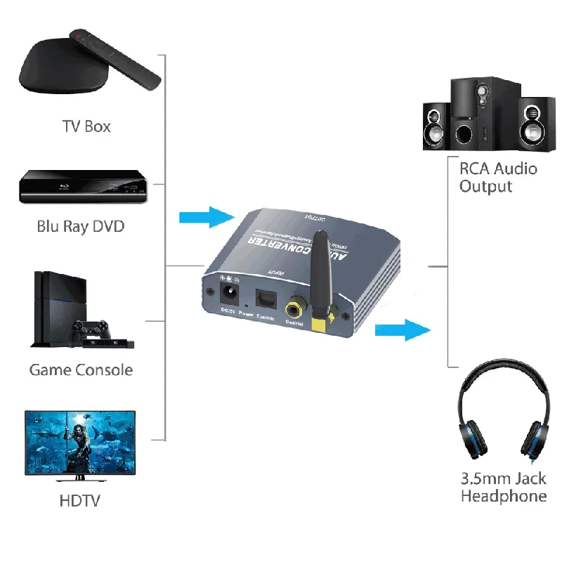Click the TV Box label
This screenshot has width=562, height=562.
click(86, 126)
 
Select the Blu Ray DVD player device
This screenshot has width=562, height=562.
click(82, 186)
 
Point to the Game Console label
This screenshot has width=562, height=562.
click(81, 370)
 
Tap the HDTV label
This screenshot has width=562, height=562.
click(80, 501)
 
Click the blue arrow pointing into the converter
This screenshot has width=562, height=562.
click(207, 216)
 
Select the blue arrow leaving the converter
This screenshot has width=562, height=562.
click(402, 329)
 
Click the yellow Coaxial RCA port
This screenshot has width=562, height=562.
click(294, 308)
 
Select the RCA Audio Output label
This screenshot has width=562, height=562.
click(497, 177)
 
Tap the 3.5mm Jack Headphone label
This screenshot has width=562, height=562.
click(503, 488)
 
